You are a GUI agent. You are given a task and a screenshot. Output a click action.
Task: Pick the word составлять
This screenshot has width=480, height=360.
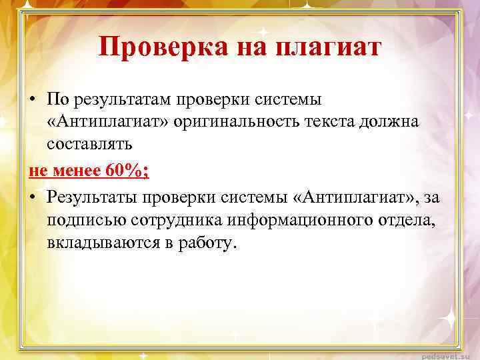pos(89,143)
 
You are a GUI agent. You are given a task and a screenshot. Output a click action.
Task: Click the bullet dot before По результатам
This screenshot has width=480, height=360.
pos(33,100)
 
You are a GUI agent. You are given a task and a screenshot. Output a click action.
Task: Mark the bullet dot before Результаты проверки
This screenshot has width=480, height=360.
pos(33,197)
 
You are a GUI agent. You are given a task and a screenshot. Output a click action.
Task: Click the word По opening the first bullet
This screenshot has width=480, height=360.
pos(57,100)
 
